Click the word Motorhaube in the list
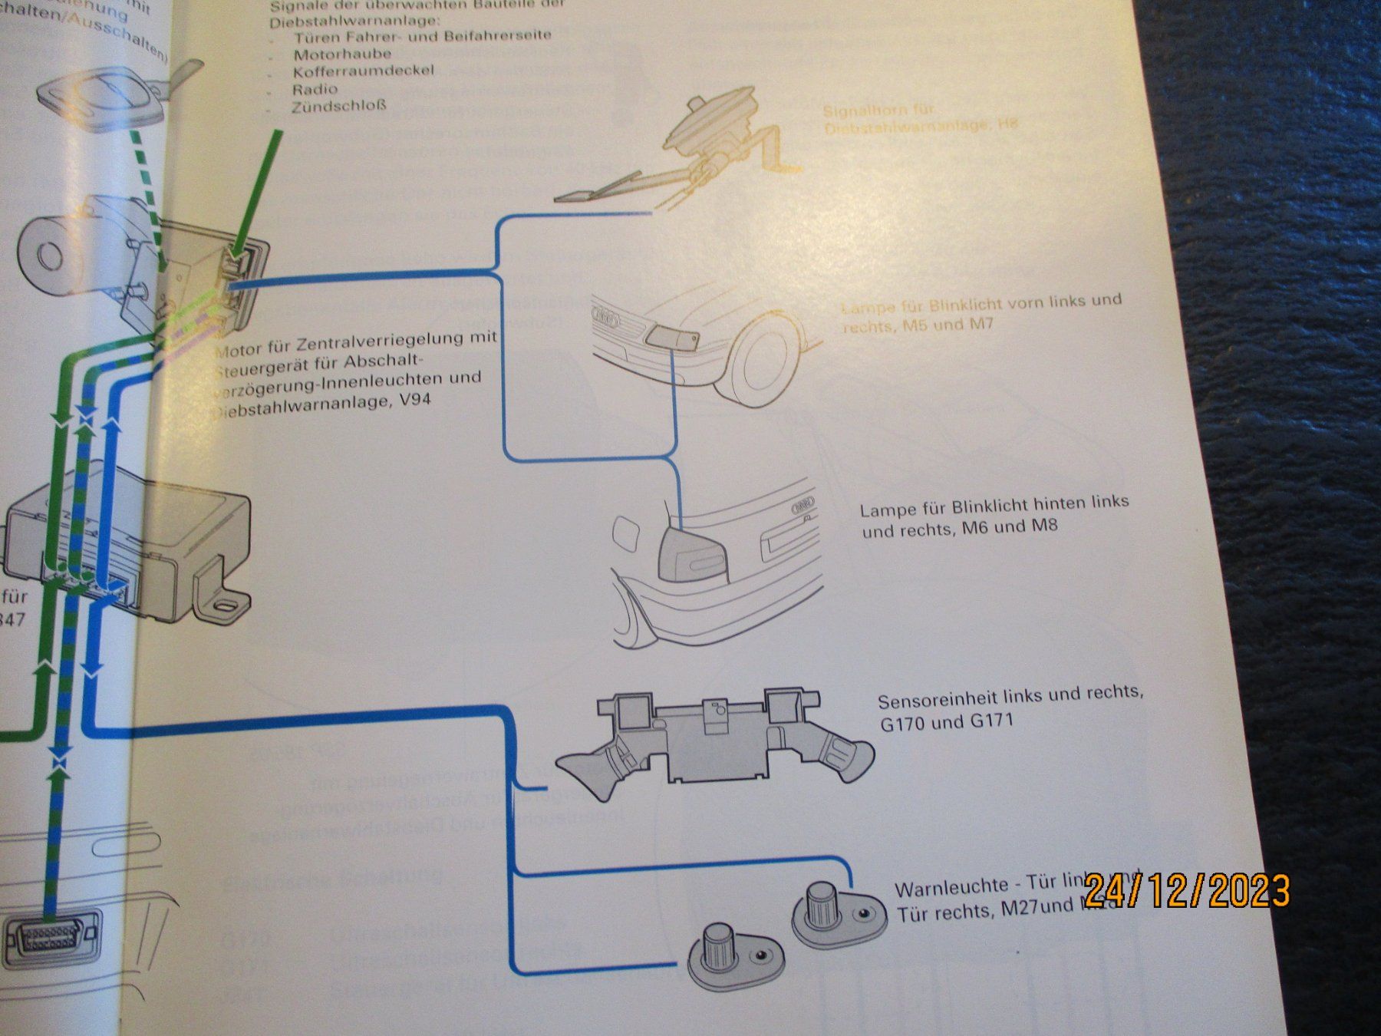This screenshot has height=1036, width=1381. point(341,54)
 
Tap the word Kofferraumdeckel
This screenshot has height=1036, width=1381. point(363,71)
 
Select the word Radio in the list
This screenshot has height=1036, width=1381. point(314,89)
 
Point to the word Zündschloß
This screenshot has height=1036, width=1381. point(338,107)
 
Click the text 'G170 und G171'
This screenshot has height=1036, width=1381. point(946,722)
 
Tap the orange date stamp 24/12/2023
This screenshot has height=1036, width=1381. point(1187,890)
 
